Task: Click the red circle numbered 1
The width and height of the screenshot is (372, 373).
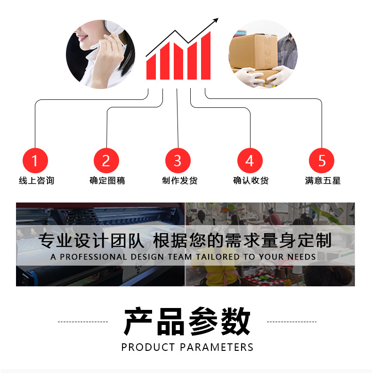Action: click(x=35, y=161)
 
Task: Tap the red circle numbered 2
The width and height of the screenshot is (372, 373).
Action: click(x=106, y=161)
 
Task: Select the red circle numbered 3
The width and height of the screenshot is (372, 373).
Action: click(x=178, y=161)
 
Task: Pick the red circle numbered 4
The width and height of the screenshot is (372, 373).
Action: click(x=250, y=161)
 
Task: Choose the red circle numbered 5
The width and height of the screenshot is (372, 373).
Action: click(x=322, y=161)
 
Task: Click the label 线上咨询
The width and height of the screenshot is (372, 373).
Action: click(x=36, y=180)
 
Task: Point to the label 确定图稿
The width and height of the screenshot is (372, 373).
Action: click(x=107, y=180)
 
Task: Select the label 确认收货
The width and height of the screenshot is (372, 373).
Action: click(x=251, y=180)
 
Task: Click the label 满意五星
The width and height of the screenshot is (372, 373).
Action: click(x=323, y=180)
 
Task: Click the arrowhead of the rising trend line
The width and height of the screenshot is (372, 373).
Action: click(x=216, y=20)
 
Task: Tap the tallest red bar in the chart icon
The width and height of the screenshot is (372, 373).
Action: click(x=206, y=57)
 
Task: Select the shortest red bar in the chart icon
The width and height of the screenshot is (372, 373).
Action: click(x=151, y=68)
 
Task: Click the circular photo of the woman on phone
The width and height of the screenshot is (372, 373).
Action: click(x=100, y=54)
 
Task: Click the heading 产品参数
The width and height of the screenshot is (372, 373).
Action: click(x=187, y=321)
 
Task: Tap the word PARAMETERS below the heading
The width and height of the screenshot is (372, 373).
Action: click(x=217, y=348)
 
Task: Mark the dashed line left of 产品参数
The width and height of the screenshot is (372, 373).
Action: click(x=83, y=322)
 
